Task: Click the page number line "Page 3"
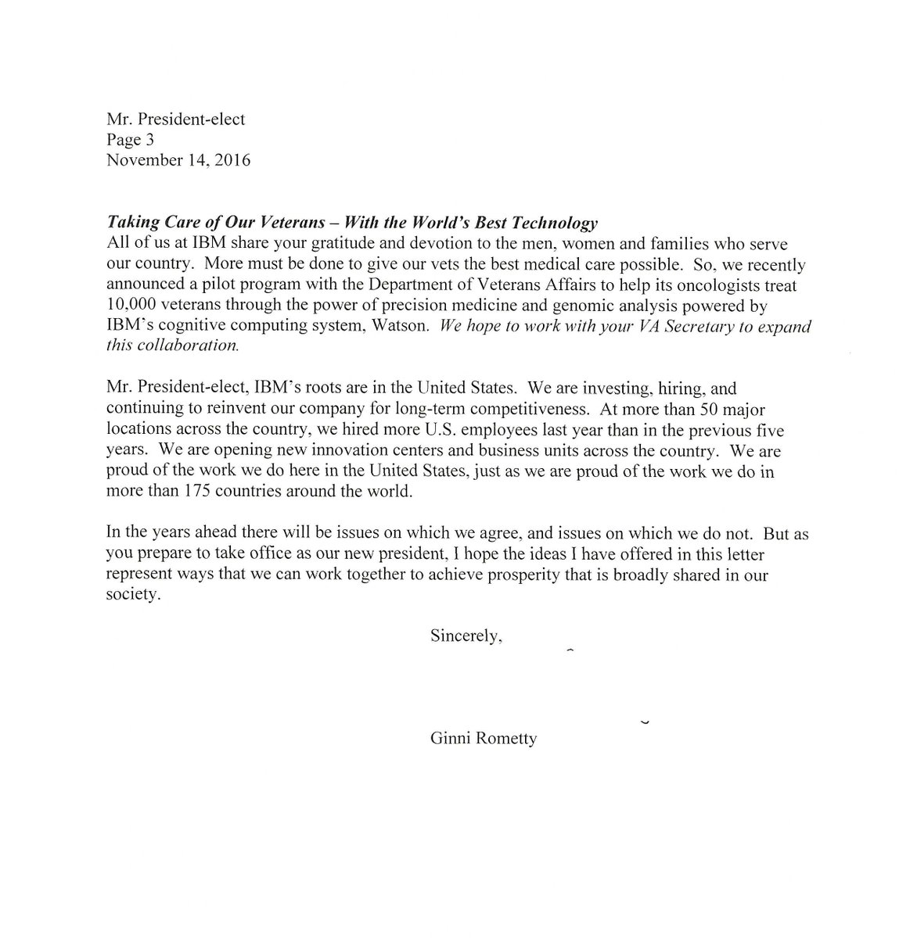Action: (131, 140)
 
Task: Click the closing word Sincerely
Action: (466, 636)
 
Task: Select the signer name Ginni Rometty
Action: (484, 739)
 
